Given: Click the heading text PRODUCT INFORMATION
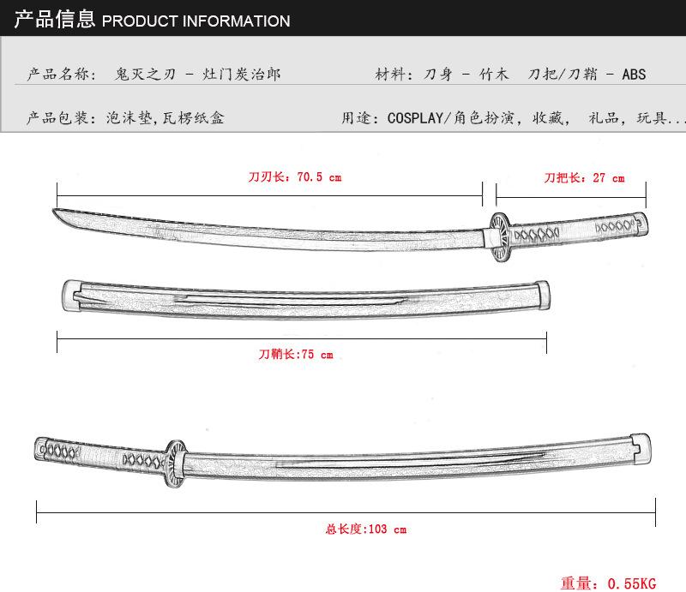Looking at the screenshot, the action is coord(196,21).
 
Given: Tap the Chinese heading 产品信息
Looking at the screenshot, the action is coord(54,19).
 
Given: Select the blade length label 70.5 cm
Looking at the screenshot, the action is coord(318,177).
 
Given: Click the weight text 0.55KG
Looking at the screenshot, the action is coord(631,583).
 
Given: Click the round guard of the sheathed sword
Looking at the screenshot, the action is coord(175,463).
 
